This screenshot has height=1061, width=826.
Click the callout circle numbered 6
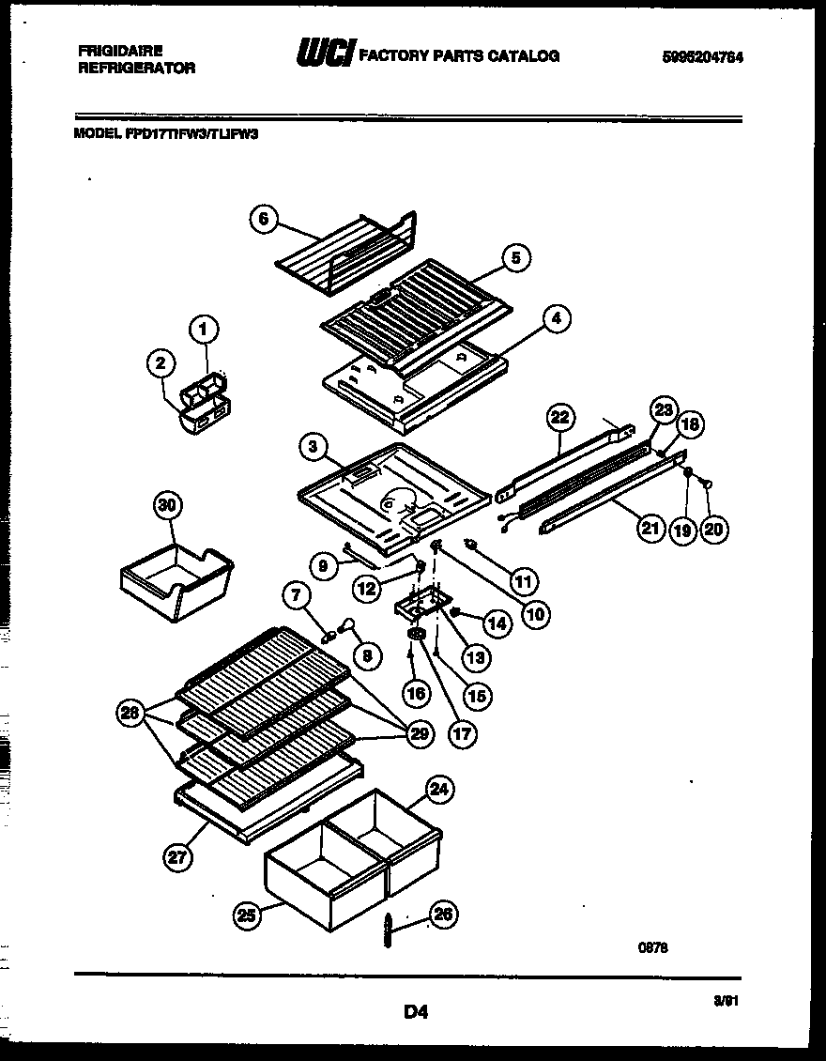coord(264,219)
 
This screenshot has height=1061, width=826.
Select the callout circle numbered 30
coord(167,506)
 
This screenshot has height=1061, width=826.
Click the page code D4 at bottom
coord(416,1011)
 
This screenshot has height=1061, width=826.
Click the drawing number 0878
coord(653,948)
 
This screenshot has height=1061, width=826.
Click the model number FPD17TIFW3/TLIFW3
coord(191,134)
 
